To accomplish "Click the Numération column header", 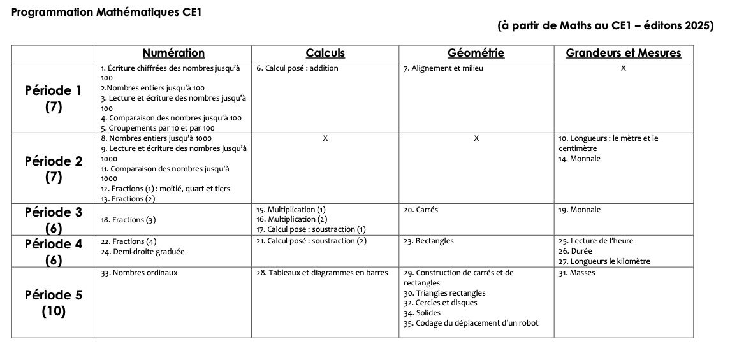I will coord(173,54).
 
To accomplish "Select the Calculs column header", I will coord(325,54).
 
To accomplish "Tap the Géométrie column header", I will coord(476,54).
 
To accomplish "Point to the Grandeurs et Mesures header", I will coord(623,54).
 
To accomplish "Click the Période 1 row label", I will coord(54,98).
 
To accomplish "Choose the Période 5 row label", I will coord(54,303).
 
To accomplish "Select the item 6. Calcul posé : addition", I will coord(297,68).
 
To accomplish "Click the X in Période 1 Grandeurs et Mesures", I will coord(623,68).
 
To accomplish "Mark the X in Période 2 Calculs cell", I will coord(325,138).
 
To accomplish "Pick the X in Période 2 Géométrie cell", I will coord(476,138).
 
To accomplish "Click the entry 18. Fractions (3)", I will coord(128,220).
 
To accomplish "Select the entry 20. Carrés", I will coord(421,210).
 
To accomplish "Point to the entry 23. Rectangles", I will coord(428,241).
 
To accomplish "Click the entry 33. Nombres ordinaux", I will coord(139,273).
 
